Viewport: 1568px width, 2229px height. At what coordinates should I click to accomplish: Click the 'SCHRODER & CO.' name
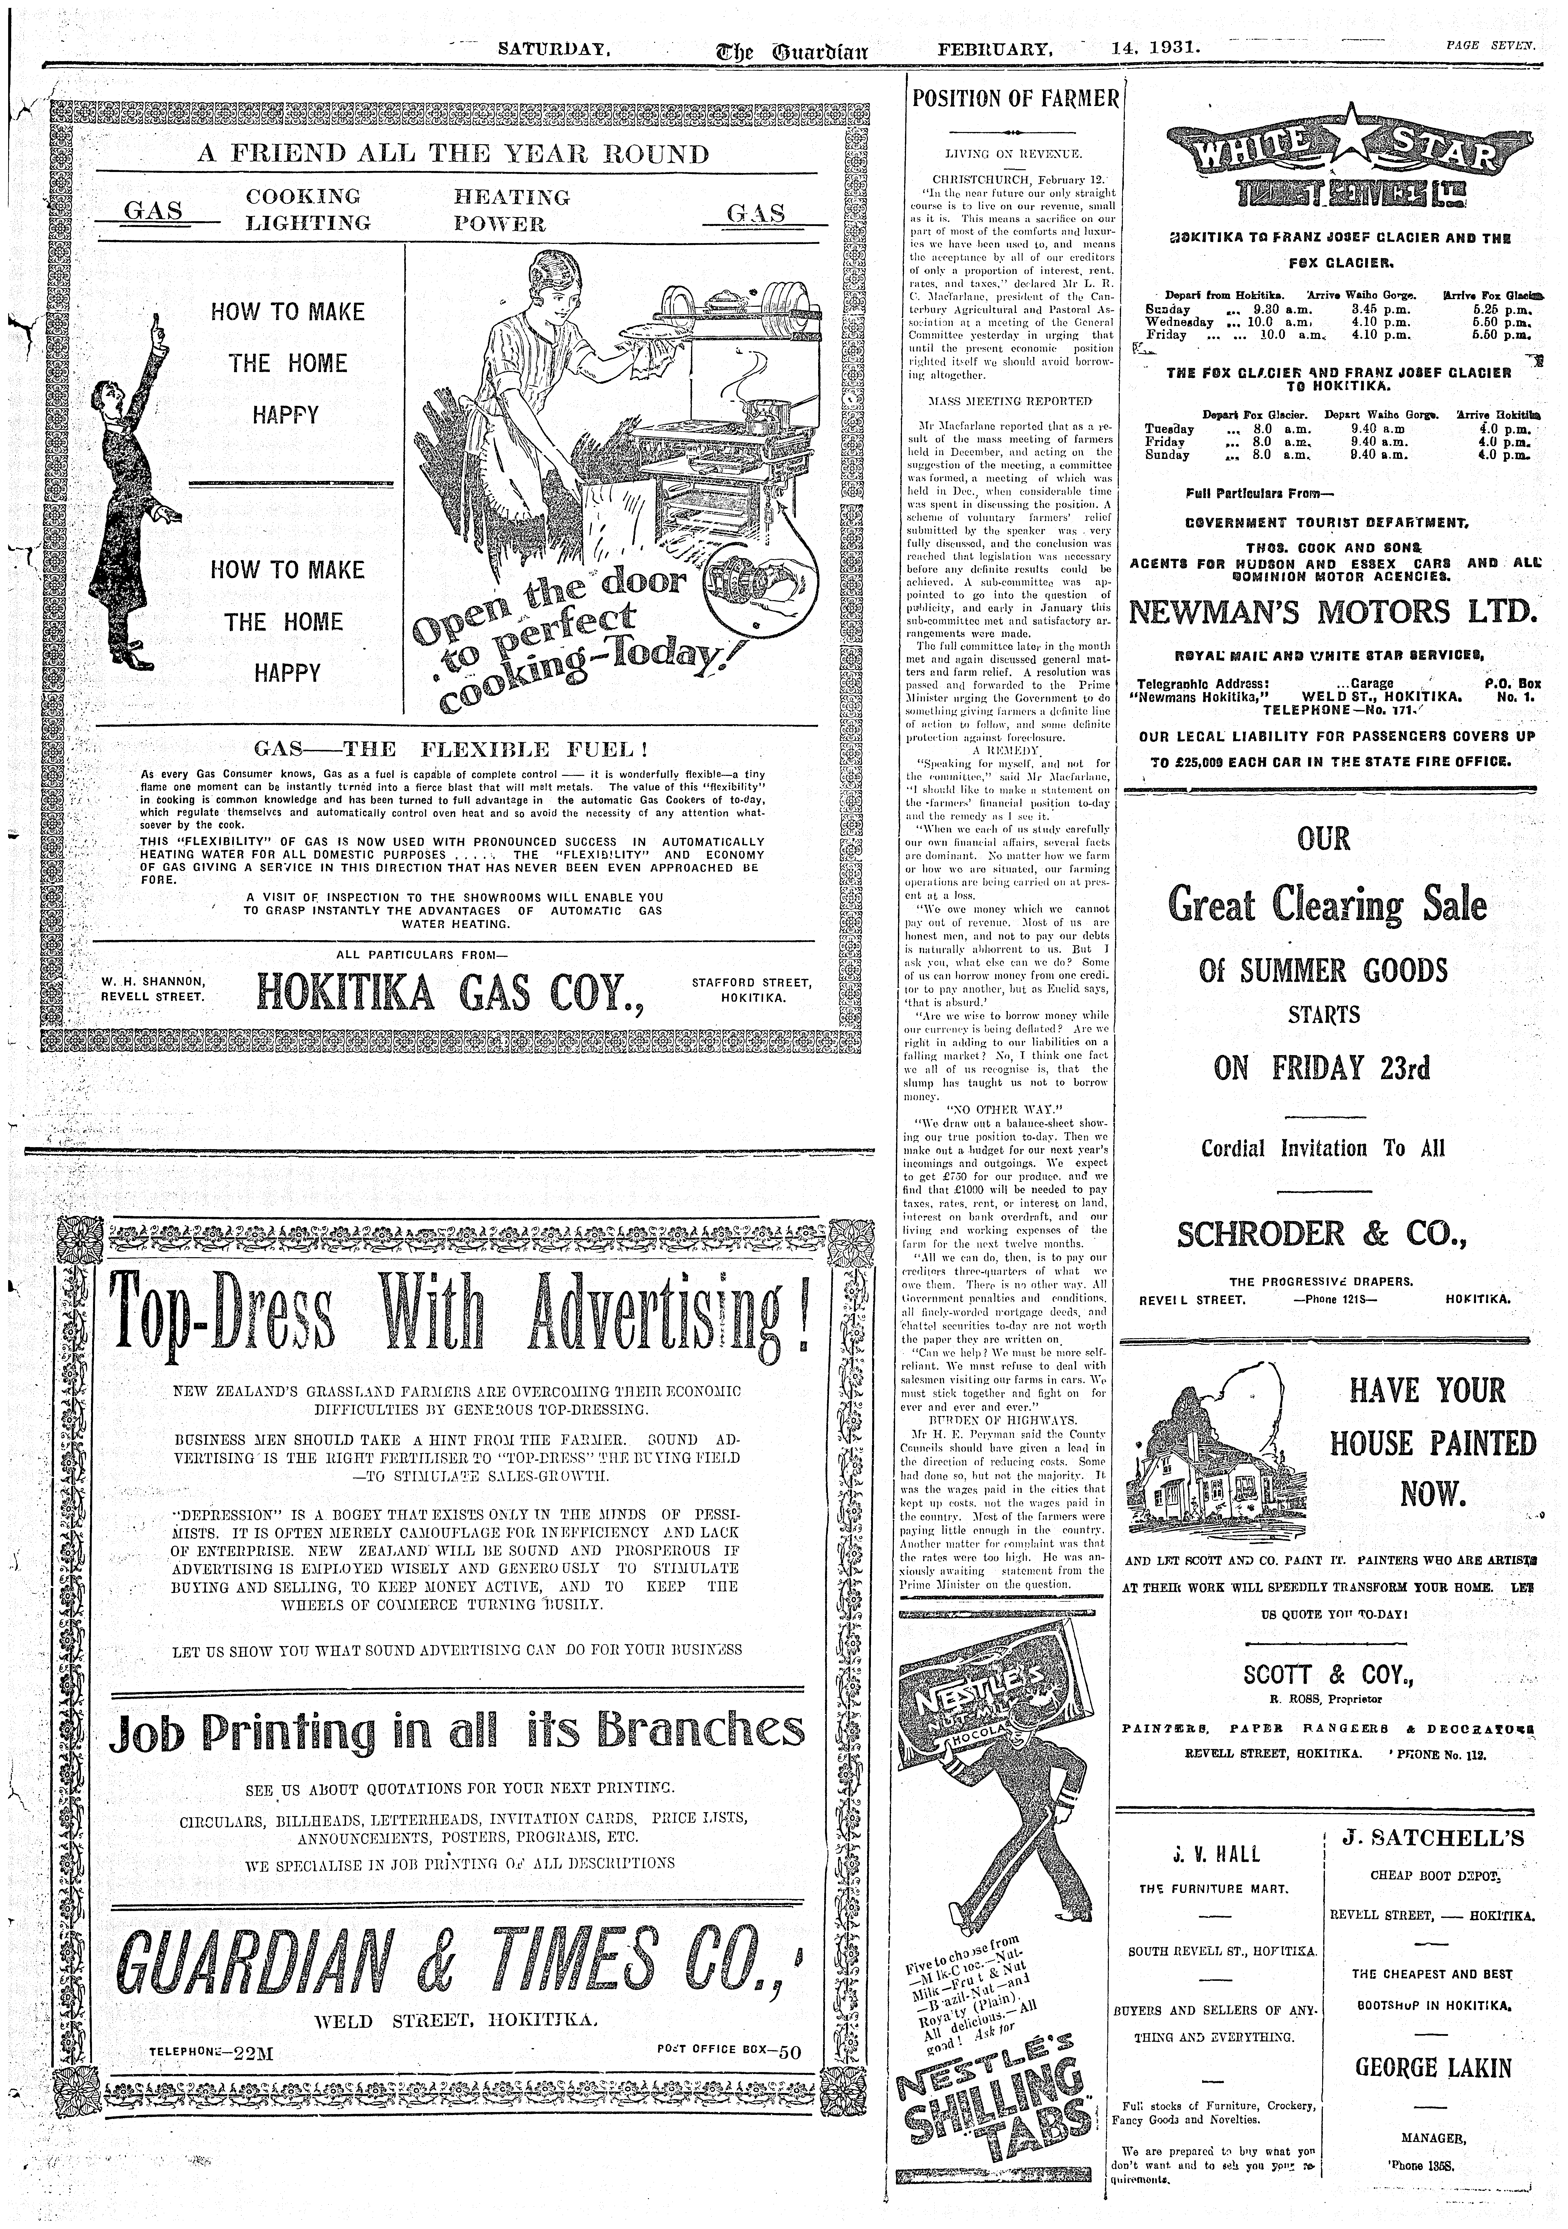[1321, 1234]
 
